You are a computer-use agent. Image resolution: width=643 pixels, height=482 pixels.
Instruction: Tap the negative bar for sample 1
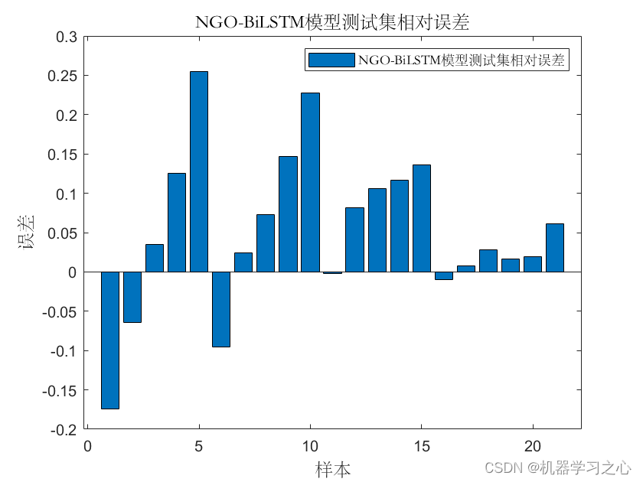tap(110, 340)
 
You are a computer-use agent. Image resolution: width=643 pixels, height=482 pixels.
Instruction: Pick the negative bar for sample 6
tap(221, 309)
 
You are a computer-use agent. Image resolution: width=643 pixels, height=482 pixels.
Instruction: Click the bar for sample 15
tap(422, 218)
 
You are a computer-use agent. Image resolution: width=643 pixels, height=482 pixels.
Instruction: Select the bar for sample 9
tap(288, 214)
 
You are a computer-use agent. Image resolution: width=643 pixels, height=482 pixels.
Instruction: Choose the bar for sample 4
tap(177, 222)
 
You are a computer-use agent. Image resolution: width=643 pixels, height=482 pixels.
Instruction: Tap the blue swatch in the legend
tap(331, 60)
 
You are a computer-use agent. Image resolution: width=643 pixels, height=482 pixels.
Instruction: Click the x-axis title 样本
tap(334, 468)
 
